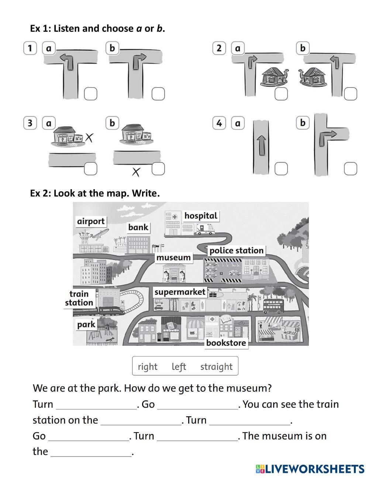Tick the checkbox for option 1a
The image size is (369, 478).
(x=90, y=94)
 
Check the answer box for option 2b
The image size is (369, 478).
(x=351, y=94)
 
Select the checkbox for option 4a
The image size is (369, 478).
(x=281, y=169)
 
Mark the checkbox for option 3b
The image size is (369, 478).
(x=158, y=169)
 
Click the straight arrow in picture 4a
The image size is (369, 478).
(x=261, y=145)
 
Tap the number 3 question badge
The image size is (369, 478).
(x=30, y=123)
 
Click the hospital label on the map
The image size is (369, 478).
(x=201, y=216)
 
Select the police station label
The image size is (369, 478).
(x=237, y=250)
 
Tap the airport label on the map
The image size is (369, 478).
(x=91, y=221)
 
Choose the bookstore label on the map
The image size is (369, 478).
(x=226, y=343)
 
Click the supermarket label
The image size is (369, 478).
(x=180, y=292)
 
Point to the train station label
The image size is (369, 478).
(x=79, y=298)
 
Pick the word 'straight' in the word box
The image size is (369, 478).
(x=216, y=366)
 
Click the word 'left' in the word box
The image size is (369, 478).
(x=179, y=366)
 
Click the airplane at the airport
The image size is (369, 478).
(x=99, y=233)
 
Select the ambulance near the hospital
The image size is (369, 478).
(x=205, y=229)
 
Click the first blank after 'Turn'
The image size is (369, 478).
(x=96, y=405)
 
